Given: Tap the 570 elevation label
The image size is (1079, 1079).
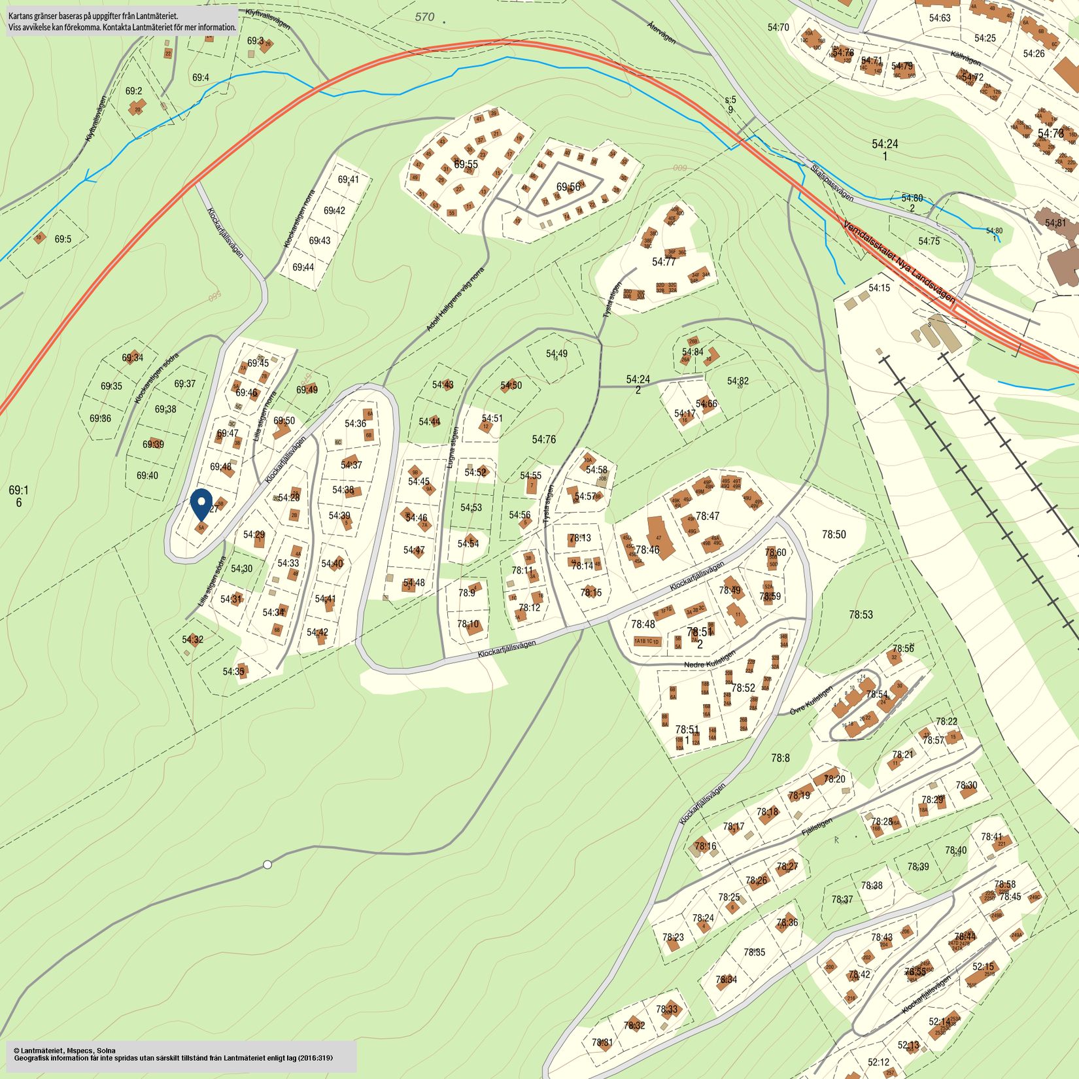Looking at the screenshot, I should (424, 17).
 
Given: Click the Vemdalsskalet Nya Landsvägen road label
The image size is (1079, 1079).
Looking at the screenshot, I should (899, 261).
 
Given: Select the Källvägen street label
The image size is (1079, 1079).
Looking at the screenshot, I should (966, 58).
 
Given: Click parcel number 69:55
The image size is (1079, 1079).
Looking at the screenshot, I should (466, 164).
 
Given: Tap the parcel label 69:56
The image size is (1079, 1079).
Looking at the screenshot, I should (568, 187).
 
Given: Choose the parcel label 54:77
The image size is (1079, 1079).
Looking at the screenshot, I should (664, 262).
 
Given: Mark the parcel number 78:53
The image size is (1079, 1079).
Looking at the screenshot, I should (861, 615).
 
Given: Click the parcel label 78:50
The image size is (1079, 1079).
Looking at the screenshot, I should (834, 534).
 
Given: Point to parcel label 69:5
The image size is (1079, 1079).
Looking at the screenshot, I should (63, 239).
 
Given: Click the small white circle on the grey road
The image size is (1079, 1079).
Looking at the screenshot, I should (267, 865).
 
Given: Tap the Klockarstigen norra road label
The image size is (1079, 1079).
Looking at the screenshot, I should (300, 219).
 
